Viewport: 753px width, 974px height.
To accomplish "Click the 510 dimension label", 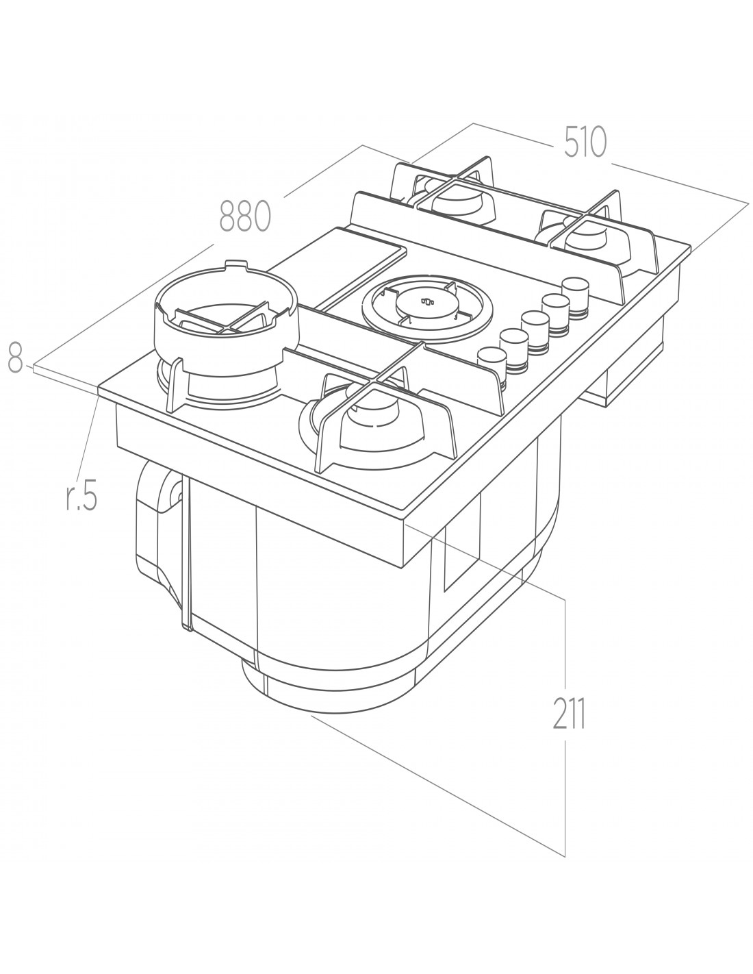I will pyautogui.click(x=585, y=142).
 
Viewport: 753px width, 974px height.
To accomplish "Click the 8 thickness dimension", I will pyautogui.click(x=14, y=359).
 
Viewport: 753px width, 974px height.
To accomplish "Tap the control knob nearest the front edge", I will pyautogui.click(x=490, y=358).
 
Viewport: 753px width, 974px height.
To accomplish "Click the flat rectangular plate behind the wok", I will pyautogui.click(x=338, y=264).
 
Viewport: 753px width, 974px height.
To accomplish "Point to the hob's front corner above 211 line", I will pyautogui.click(x=406, y=519).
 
